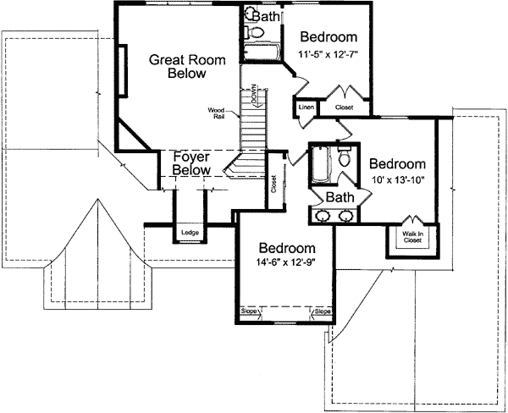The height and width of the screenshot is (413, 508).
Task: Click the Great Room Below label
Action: [x=178, y=67]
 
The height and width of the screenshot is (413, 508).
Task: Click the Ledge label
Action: [x=189, y=232]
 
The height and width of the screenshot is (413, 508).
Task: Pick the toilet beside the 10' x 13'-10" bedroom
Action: [x=345, y=159]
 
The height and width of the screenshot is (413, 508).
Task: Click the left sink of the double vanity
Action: [x=323, y=217]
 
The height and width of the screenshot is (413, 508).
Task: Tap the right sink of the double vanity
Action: [x=345, y=217]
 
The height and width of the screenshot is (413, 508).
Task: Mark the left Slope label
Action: [x=249, y=311]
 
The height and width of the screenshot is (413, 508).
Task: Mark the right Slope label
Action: [x=322, y=311]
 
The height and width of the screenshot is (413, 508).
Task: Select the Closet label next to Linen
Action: [x=345, y=108]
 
